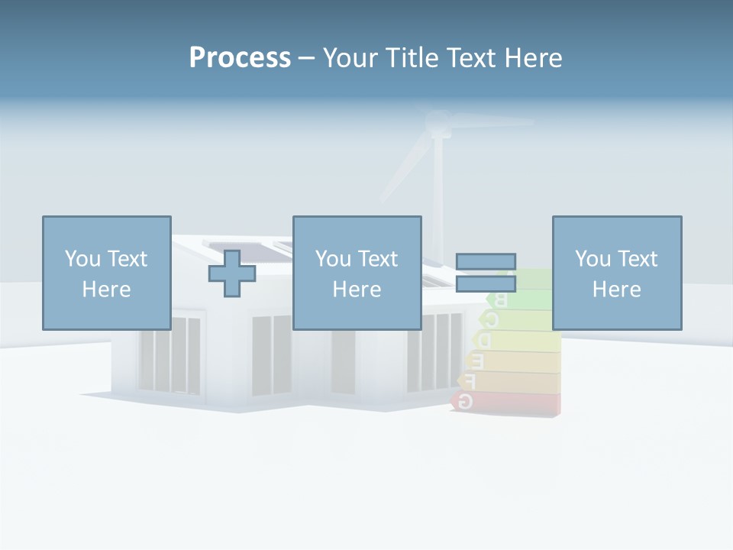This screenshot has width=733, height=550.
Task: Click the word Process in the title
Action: [x=240, y=57]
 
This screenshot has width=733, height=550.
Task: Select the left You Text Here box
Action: [x=106, y=273]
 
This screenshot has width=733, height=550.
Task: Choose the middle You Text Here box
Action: [x=357, y=273]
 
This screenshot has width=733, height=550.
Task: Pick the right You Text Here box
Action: [x=616, y=273]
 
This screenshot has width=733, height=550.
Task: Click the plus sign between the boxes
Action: [x=232, y=273]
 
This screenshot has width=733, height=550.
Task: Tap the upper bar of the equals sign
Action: [x=486, y=262]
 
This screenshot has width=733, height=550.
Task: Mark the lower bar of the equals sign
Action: [x=486, y=284]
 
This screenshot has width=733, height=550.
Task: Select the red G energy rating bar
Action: [x=508, y=402]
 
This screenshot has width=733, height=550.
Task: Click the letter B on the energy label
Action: [x=502, y=299]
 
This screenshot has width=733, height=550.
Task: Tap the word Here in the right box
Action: [x=616, y=290]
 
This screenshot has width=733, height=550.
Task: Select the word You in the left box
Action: [x=82, y=258]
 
